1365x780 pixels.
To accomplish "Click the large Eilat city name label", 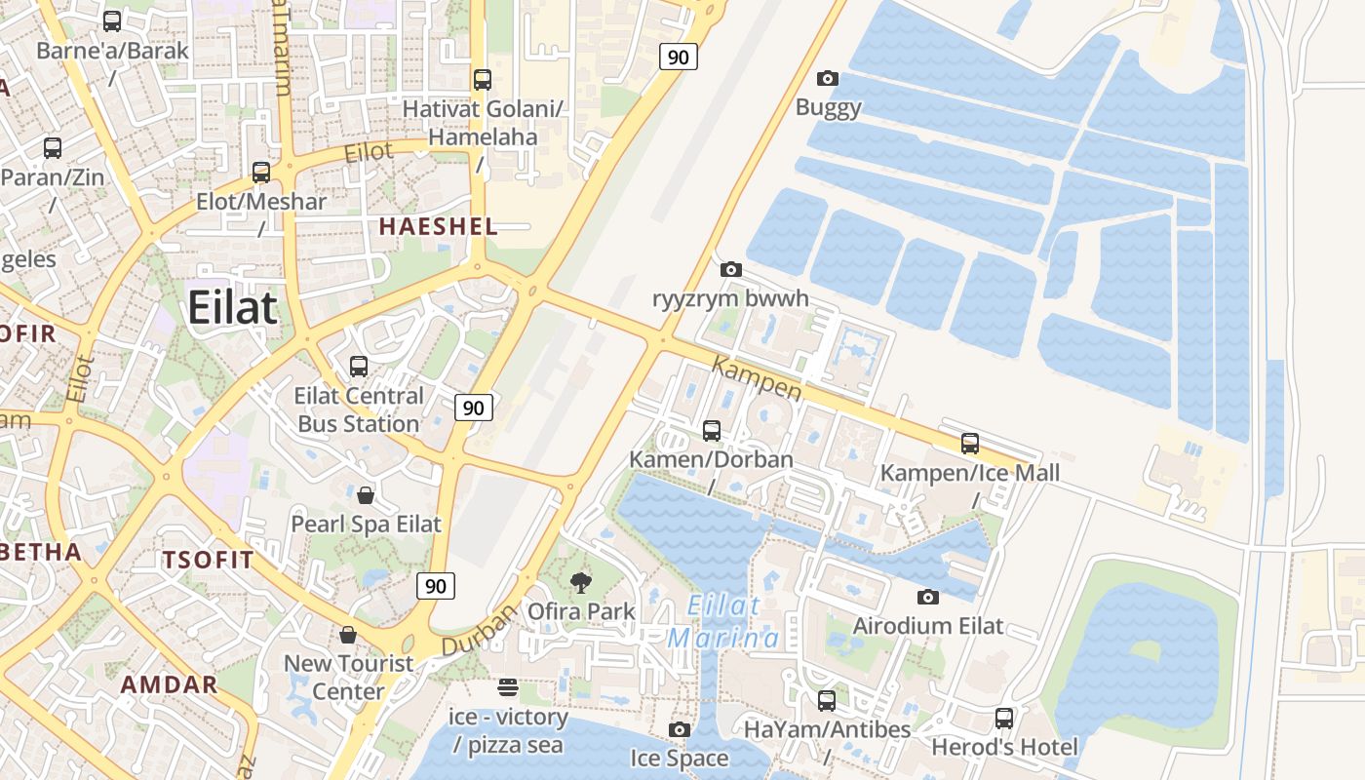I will [233, 307].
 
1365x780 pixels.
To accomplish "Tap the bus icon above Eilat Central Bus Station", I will [359, 367].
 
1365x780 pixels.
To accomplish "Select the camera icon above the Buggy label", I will [828, 78].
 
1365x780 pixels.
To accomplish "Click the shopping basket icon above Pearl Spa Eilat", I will [365, 495].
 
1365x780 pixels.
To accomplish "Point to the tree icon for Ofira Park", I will [581, 583].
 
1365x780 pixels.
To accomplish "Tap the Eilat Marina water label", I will [724, 621].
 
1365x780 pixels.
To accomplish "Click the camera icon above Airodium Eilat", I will [927, 597].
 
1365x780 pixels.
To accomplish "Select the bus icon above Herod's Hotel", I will [1004, 719].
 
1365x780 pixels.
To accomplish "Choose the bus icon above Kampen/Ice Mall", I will [970, 444].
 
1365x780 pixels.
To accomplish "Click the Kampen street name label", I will [758, 379].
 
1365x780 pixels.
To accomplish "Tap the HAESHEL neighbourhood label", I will [438, 227].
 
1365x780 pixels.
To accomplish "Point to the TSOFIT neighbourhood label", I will [208, 561].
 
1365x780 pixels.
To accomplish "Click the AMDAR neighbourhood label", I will [169, 684].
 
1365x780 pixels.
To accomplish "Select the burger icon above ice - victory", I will [507, 688].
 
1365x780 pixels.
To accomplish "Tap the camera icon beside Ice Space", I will [680, 729].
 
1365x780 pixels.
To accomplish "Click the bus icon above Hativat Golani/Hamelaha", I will [482, 79].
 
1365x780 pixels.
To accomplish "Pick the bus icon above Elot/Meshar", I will [260, 173].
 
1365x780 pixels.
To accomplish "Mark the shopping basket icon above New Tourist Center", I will [348, 635].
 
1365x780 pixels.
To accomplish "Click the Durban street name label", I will [478, 632].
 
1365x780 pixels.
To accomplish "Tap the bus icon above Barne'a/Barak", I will [112, 20].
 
